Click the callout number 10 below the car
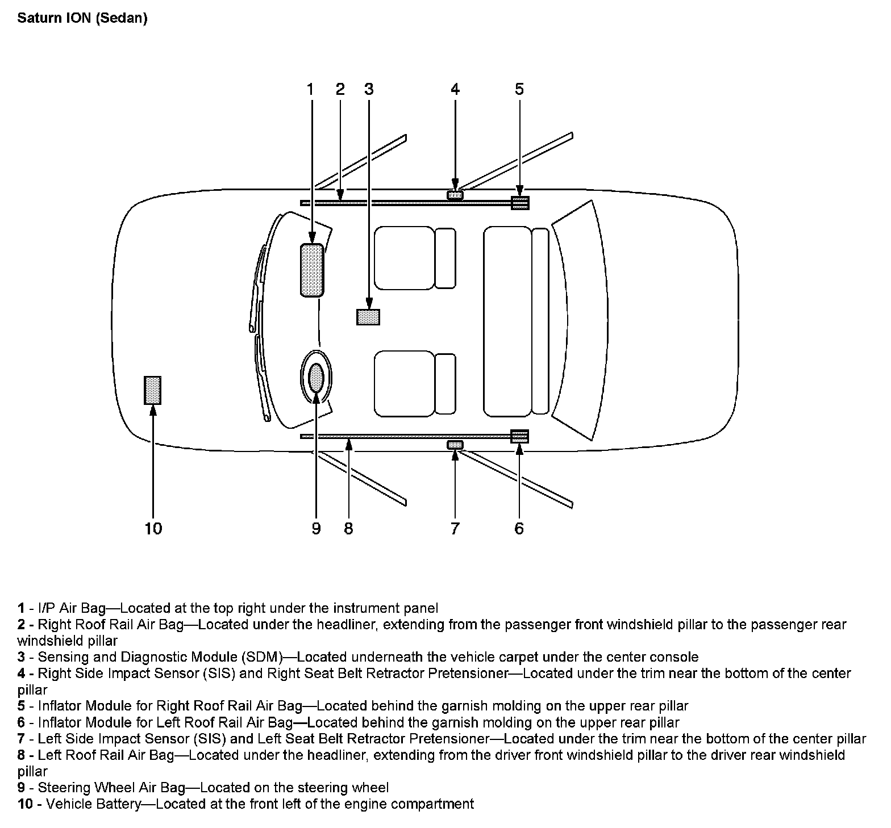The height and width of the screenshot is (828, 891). pyautogui.click(x=153, y=529)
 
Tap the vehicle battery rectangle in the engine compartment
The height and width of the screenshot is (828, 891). pyautogui.click(x=153, y=390)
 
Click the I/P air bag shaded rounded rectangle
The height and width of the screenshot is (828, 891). pyautogui.click(x=312, y=270)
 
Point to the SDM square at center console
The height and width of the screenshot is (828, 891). pyautogui.click(x=368, y=316)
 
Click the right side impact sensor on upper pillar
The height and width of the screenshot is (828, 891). pyautogui.click(x=455, y=195)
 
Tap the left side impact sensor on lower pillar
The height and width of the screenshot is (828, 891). pyautogui.click(x=455, y=444)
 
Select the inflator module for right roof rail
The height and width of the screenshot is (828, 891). pyautogui.click(x=520, y=203)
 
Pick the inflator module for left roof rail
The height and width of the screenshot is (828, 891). pyautogui.click(x=520, y=436)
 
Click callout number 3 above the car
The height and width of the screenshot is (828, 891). pyautogui.click(x=369, y=89)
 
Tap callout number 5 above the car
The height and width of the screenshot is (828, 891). pyautogui.click(x=519, y=89)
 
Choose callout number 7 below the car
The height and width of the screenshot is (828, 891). pyautogui.click(x=455, y=529)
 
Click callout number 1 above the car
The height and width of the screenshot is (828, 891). pyautogui.click(x=310, y=89)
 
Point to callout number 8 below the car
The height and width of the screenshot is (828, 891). pyautogui.click(x=348, y=529)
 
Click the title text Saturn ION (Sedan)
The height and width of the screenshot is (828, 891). pyautogui.click(x=82, y=18)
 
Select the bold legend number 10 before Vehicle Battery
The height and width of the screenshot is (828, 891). pyautogui.click(x=26, y=804)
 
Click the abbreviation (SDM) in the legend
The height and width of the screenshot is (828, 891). pyautogui.click(x=262, y=657)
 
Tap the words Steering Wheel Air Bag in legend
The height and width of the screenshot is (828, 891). pyautogui.click(x=111, y=788)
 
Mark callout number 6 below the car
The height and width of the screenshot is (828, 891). pyautogui.click(x=519, y=529)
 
